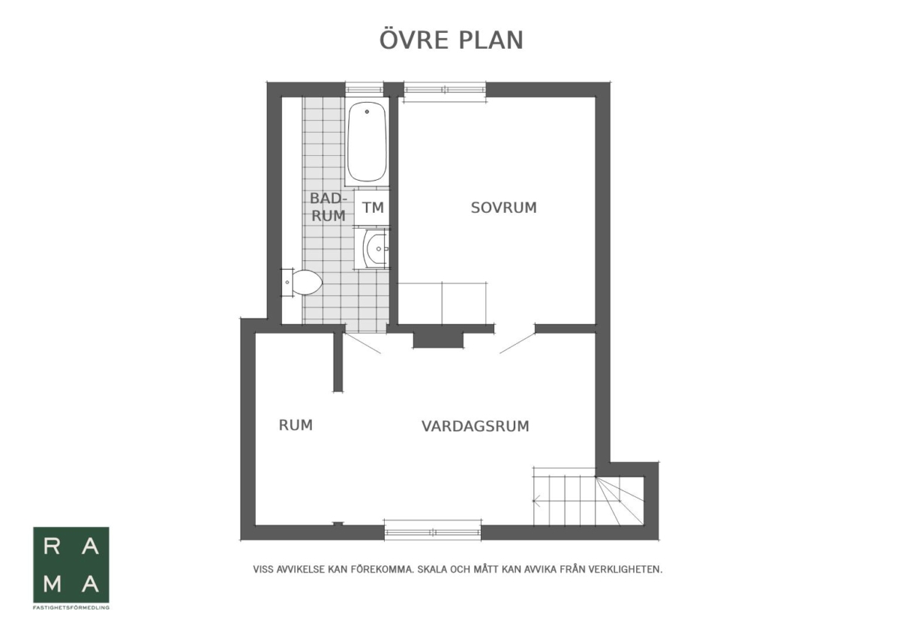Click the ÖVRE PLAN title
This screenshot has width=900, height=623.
pos(451,40)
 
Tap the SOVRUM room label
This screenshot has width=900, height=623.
pos(503,208)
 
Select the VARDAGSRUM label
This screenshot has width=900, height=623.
pos(475,426)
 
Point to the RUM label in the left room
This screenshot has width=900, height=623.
pos(295,425)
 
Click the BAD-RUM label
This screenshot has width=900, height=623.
pos(328,207)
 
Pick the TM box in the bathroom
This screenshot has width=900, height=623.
pos(372,208)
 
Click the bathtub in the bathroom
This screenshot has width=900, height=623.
pos(367,142)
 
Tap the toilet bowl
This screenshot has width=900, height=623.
pos(307,282)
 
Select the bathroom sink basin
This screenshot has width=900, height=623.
pos(376,249)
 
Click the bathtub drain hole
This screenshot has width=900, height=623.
pos(367,112)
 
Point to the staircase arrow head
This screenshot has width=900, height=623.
pos(535,501)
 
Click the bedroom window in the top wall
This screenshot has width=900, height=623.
pos(445,89)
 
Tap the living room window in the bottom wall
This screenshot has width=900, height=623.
pos(433,532)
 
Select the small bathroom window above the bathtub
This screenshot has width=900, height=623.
pos(364,89)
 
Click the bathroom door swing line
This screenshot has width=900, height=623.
pos(362,343)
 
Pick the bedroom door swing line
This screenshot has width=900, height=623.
pos(517,343)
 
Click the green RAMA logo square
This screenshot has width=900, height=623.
pos(71,565)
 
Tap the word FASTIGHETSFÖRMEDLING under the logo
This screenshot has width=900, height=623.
pos(71,608)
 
